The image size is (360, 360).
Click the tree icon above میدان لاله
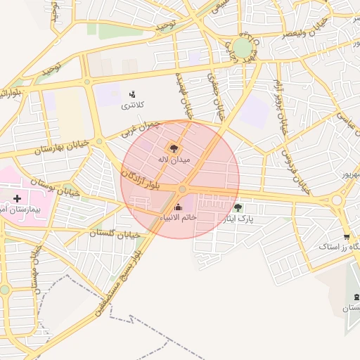pos(173,148)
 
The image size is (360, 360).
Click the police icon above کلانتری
pos(132,94)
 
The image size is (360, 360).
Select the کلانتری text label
pos(132,105)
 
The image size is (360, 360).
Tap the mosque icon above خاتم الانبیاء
pos(177,207)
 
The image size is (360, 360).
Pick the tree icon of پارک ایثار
pos(238,207)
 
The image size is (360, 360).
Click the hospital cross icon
pos(18,199)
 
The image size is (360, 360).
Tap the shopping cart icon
pos(346,236)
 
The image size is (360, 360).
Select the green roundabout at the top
pos(243,47)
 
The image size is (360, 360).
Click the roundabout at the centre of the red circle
pos(182,189)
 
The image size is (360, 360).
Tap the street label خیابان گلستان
pos(116,232)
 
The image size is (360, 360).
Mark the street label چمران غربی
pos(140,128)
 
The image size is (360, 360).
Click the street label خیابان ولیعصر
pos(304,29)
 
